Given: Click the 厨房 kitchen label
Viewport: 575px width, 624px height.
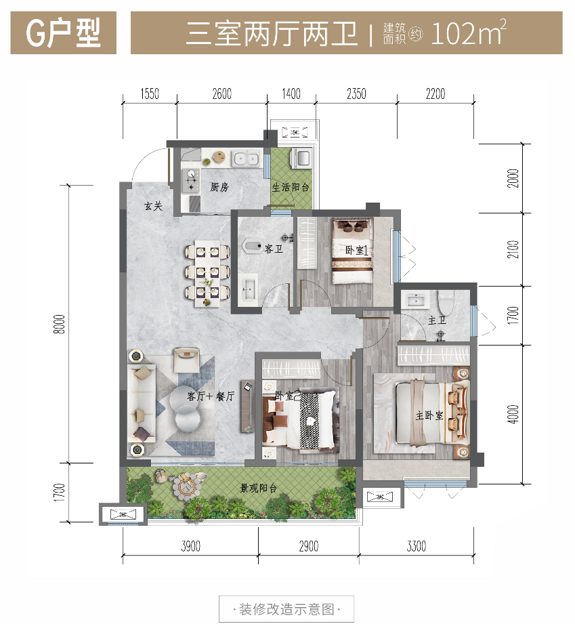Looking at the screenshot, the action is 219,186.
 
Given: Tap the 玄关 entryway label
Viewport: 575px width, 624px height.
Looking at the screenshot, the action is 153,206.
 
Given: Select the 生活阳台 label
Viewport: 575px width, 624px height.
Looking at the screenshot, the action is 291,187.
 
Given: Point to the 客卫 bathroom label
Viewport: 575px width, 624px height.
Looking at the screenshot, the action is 274,249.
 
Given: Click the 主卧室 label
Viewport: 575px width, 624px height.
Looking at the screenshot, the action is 429,415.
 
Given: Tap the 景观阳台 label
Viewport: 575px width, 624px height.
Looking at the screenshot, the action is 259,488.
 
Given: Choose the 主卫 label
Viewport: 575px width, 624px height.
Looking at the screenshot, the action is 437,320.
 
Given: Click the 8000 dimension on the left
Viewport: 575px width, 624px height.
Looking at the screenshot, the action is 60,325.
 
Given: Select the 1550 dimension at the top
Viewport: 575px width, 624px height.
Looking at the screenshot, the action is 150,94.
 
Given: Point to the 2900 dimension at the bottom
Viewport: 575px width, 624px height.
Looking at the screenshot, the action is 309,546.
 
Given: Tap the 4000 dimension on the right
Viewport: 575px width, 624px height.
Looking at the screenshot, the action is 513,414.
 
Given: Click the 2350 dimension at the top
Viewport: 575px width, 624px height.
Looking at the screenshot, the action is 356,94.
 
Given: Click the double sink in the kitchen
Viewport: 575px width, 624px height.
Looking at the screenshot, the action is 247,159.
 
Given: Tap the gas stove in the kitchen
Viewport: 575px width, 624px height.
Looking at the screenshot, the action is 192,180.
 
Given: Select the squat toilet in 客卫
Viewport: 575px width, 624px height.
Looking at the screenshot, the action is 251,245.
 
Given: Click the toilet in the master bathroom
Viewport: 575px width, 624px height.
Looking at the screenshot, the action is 446,302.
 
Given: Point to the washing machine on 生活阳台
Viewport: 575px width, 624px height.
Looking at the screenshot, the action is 301,157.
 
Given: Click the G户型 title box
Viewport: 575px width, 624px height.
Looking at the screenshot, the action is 63,33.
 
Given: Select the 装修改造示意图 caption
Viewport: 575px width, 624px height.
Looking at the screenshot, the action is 286,609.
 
